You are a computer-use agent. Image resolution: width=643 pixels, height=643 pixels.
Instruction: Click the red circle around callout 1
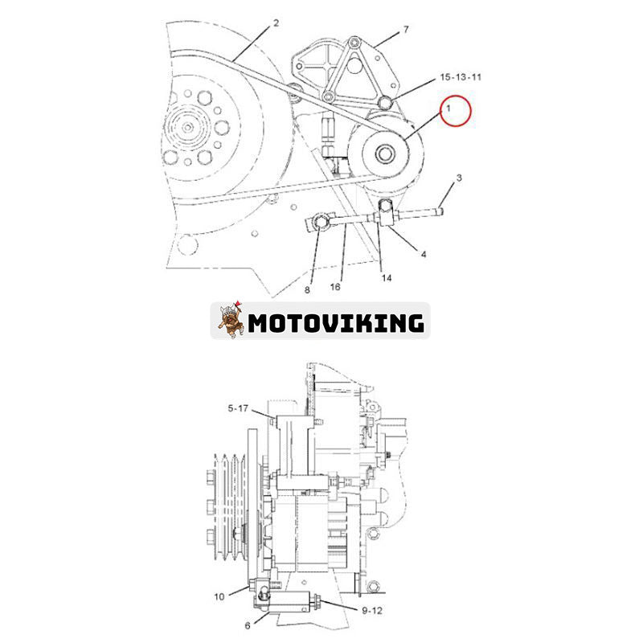coord(456,110)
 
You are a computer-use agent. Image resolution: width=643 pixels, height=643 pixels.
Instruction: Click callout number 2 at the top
coord(276,23)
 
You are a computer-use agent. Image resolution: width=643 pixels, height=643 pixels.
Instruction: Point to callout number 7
coord(406,30)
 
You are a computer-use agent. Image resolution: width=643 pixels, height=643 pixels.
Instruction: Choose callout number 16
coord(335,287)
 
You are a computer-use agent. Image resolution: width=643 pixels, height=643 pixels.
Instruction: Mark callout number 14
coord(387,278)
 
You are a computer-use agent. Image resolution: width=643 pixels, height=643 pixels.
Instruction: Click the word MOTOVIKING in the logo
coord(335,322)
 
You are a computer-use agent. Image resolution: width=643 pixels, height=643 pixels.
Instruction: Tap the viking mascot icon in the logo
coord(230,321)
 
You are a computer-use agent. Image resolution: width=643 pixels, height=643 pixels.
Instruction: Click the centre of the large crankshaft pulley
coord(190,125)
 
